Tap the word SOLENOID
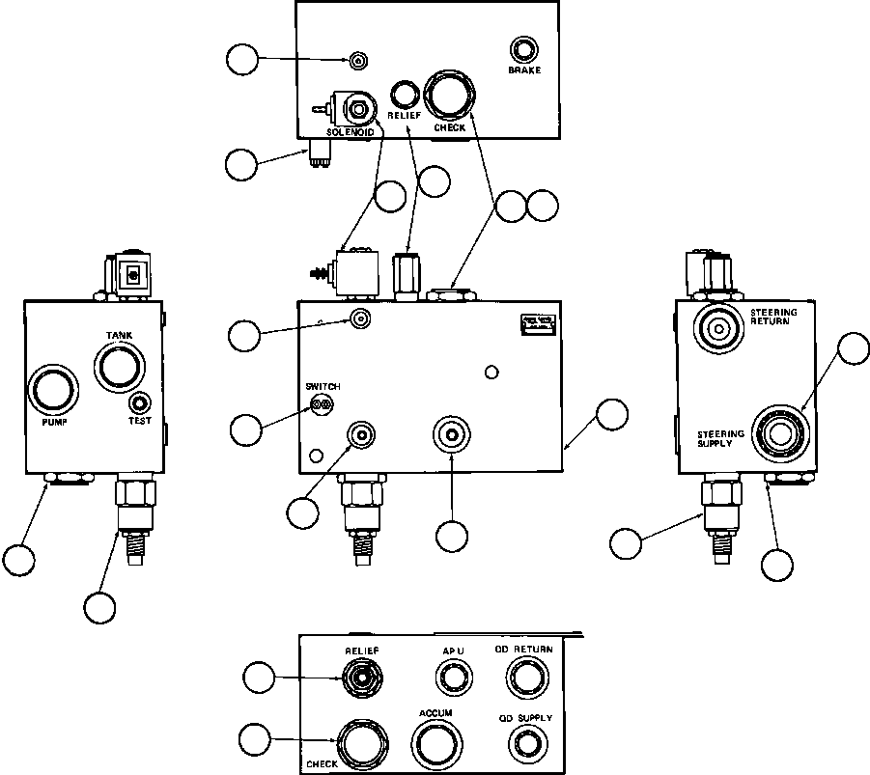tap(350, 131)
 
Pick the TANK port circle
tap(119, 368)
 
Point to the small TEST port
tap(141, 403)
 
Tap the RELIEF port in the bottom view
tap(360, 678)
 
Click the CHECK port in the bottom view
tap(360, 743)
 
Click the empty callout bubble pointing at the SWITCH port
tap(246, 429)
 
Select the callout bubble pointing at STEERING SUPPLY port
tap(853, 349)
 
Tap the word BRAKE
tap(525, 70)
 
